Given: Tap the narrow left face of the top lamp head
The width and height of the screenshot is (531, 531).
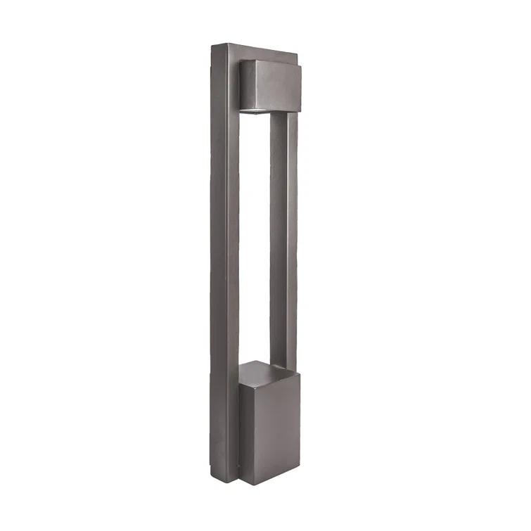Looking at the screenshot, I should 247,84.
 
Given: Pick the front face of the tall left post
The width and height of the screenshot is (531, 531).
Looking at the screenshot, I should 232,267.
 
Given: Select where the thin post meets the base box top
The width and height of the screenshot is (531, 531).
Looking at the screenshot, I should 281,368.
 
